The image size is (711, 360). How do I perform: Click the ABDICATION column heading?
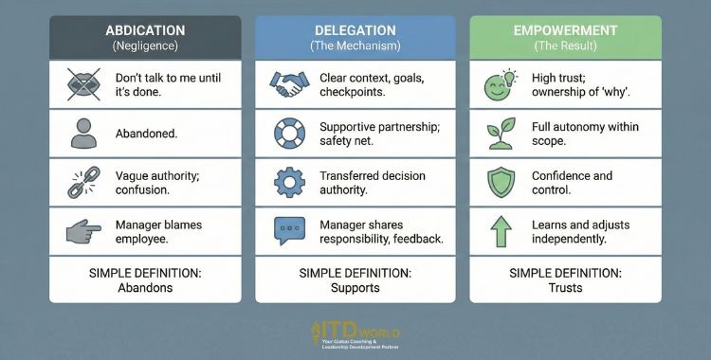click(x=145, y=29)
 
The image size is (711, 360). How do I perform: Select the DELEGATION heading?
click(x=356, y=29)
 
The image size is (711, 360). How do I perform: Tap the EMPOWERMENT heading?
click(x=565, y=29)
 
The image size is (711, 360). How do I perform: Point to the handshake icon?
click(x=289, y=84)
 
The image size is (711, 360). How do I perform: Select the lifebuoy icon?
click(x=288, y=134)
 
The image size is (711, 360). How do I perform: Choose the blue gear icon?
click(x=288, y=183)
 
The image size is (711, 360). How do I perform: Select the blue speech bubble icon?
click(x=288, y=232)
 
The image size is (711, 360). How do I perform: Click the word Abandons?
click(x=145, y=288)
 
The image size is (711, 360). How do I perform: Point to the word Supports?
click(x=355, y=288)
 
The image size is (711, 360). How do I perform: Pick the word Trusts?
click(x=566, y=288)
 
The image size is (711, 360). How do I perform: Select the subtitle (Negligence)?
click(x=145, y=45)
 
